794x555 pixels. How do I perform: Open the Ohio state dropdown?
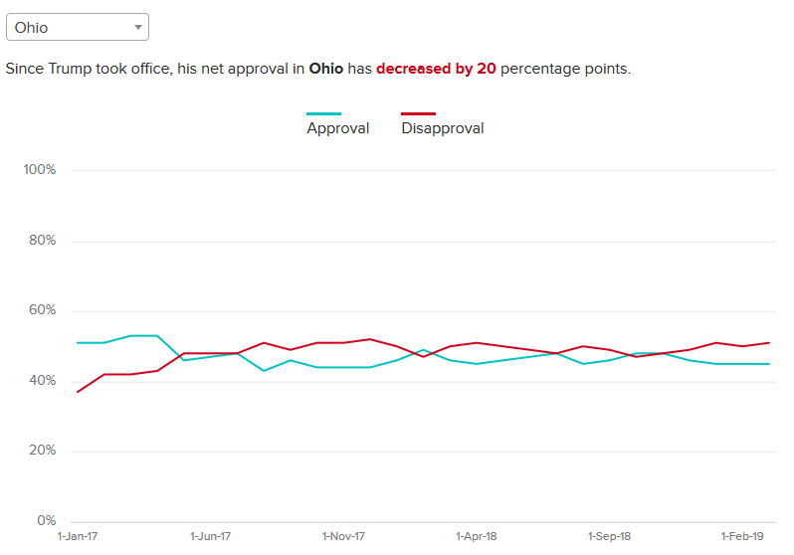77,27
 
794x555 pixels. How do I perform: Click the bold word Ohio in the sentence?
326,70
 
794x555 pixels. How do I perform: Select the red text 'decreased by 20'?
436,70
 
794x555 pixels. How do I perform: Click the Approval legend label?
337,128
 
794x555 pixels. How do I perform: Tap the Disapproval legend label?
443,128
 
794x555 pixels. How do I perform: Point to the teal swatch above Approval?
323,114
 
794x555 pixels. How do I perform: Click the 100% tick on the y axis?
40,170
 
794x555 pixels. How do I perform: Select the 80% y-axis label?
40,241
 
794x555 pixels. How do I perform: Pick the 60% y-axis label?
40,310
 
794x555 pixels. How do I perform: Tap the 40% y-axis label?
40,381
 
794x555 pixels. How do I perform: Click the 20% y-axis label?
40,451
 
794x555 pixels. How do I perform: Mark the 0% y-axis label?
46,521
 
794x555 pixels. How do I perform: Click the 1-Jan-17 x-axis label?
78,536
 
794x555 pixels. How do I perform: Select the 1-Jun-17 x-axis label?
211,536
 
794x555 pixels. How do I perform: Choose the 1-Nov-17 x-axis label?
343,536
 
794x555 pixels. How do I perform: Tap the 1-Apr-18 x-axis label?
477,536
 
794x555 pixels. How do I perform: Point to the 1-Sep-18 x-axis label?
609,536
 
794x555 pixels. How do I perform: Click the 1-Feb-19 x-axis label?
742,536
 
